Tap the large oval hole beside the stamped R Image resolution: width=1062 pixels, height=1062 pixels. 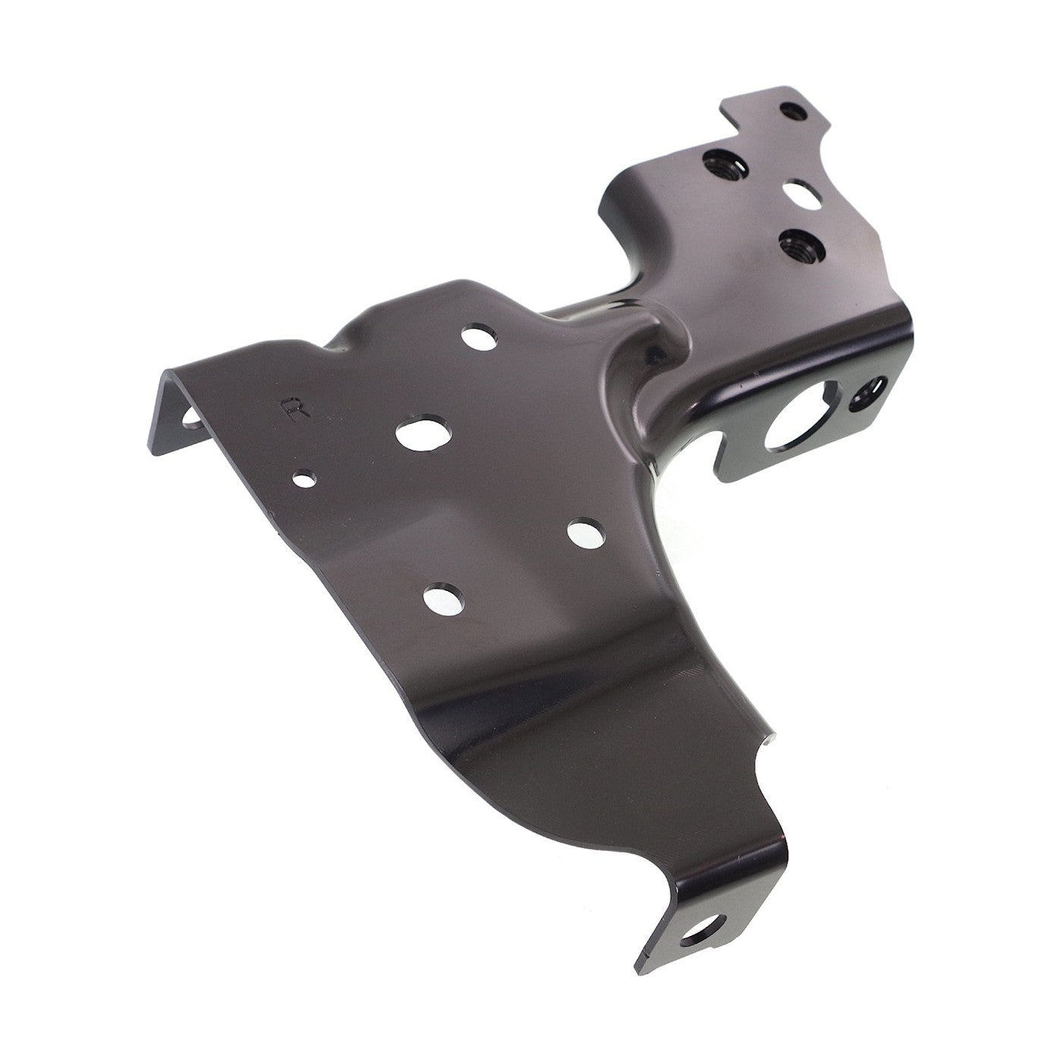[x=424, y=433]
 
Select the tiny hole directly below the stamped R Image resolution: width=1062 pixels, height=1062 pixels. [x=305, y=478]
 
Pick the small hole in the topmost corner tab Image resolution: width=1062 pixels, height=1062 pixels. [x=793, y=112]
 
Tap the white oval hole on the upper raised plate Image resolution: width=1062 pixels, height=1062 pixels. [x=802, y=194]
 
